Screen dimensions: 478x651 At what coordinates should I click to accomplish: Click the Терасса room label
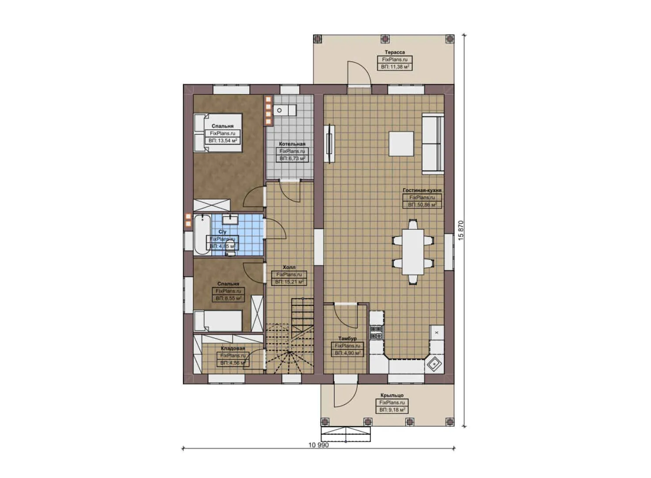pos(394,52)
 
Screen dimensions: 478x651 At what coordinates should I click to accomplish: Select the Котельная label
pos(292,144)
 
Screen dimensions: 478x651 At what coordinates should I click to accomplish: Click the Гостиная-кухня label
pos(422,190)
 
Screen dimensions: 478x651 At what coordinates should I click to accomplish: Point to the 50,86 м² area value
pos(422,205)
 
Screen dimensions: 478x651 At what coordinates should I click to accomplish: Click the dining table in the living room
pos(413,251)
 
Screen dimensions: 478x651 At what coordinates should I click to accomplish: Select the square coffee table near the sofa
pos(401,143)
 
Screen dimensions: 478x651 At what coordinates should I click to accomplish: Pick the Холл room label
pos(289,268)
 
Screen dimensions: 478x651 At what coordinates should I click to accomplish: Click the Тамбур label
pos(347,339)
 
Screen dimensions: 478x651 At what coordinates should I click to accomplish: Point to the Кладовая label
pos(232,349)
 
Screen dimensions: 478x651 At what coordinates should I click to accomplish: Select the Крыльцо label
pos(392,396)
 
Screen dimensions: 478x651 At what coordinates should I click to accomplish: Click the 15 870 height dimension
pos(461,230)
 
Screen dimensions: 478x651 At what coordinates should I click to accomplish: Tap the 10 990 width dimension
pos(318,445)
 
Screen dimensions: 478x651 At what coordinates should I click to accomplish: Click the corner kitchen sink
pos(434,364)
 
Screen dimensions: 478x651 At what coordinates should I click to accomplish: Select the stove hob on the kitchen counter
pos(377,332)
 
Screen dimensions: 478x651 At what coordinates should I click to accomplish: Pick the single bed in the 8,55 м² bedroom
pos(218,320)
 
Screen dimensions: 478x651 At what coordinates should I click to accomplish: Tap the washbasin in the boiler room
pos(280,110)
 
